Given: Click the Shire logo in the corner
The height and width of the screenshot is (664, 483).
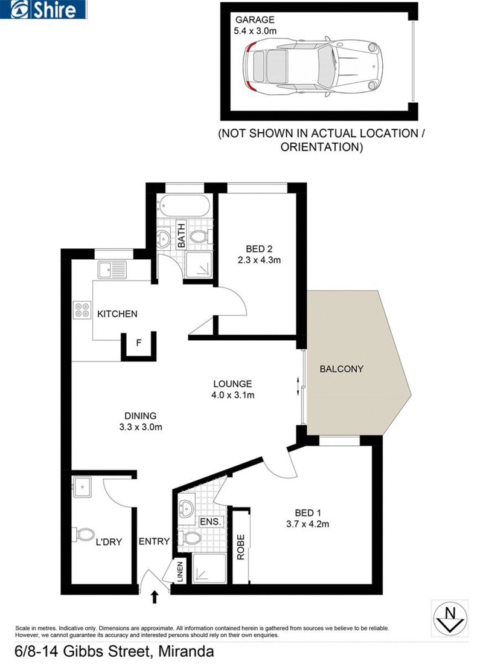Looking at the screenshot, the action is [43, 9].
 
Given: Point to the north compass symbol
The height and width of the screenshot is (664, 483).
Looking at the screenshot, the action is [450, 619].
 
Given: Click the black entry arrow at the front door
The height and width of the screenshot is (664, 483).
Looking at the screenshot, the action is [155, 597].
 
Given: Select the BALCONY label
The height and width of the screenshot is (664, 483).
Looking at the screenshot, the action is [341, 369].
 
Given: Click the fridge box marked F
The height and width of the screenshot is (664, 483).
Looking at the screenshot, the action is [139, 346].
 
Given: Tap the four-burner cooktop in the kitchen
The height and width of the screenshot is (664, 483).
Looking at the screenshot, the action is [82, 309].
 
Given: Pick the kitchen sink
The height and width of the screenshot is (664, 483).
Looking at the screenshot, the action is [112, 269].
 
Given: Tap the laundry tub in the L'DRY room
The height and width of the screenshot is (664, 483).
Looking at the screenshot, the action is [82, 488].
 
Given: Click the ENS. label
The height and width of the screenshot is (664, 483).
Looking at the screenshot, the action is [211, 522].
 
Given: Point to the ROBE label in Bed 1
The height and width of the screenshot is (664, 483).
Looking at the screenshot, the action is [241, 547].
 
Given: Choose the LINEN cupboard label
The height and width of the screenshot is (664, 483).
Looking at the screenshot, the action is [180, 572].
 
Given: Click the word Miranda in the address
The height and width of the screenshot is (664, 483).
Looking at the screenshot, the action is [186, 651].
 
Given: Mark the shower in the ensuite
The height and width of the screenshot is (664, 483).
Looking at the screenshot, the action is [209, 569].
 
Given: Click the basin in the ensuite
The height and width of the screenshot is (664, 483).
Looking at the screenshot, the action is [186, 506].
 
